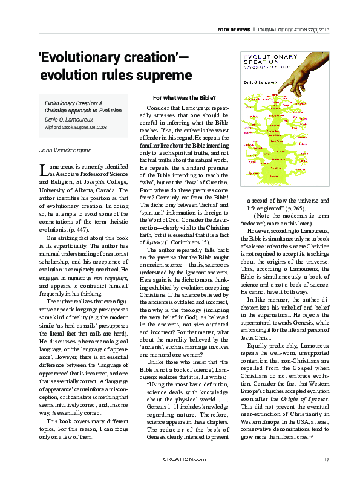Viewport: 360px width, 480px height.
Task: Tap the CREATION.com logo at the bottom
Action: tap(180, 459)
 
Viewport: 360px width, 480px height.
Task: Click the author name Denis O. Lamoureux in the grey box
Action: tap(71, 120)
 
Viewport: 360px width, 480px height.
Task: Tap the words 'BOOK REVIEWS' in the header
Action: tap(232, 30)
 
